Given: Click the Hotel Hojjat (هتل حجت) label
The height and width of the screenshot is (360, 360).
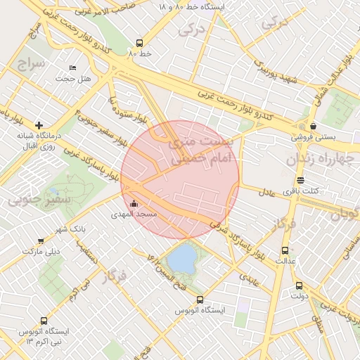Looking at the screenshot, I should [x=74, y=79].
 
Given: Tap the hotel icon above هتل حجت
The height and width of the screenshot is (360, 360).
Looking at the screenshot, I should [x=73, y=68].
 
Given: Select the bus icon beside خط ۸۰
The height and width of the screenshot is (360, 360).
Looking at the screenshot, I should [x=140, y=42].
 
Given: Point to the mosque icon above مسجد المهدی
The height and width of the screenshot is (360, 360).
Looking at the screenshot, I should [x=134, y=204].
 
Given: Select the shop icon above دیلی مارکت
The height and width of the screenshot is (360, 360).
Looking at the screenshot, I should [x=41, y=240].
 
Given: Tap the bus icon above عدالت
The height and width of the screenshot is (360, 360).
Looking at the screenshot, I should [x=285, y=250].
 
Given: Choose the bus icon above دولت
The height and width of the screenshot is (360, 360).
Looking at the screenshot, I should [x=299, y=286].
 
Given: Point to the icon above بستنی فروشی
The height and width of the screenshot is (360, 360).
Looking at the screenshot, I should [x=312, y=127].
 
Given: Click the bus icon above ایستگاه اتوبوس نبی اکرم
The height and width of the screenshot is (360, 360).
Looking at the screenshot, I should [x=48, y=321].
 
